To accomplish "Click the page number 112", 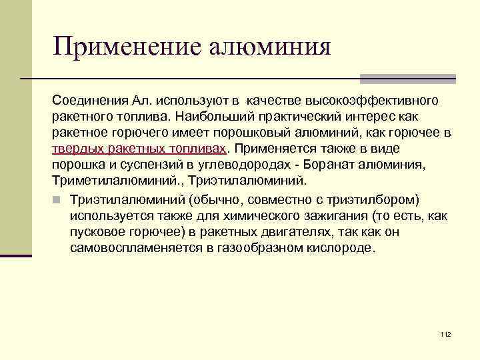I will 446,333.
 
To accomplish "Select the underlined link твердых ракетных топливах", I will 140,147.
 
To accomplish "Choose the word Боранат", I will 322,163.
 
